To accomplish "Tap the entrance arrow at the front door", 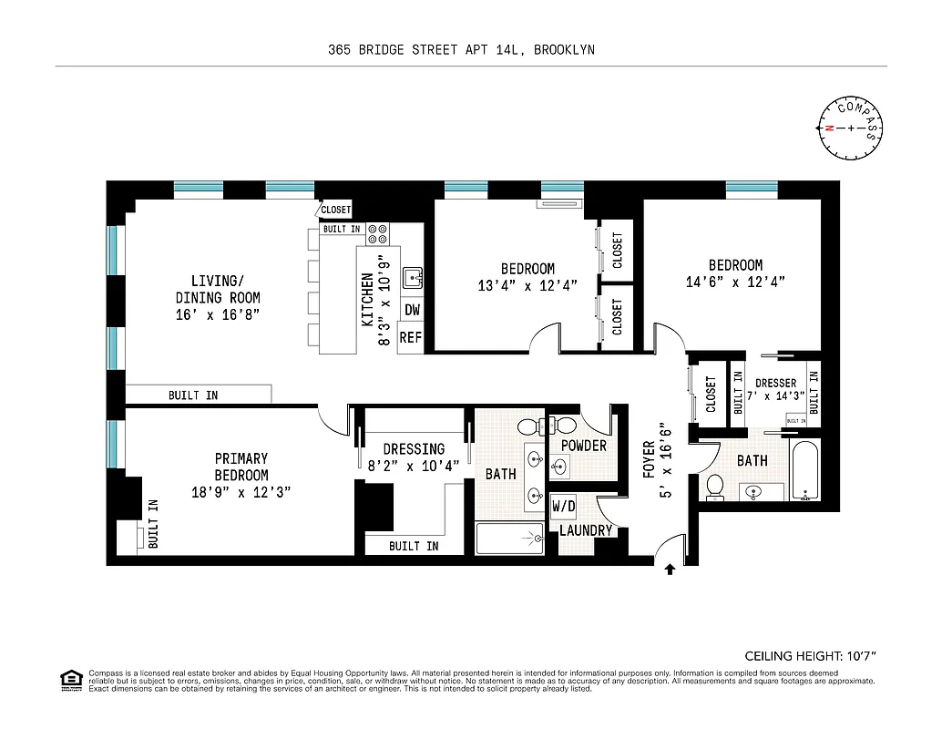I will [x=671, y=570].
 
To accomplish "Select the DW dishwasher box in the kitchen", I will [x=412, y=310].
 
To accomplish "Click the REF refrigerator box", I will [x=412, y=337].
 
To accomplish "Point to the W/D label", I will [x=563, y=507].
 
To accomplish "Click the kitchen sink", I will [x=413, y=275].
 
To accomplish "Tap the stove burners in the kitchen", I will [x=378, y=234].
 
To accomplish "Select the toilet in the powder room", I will [x=564, y=426].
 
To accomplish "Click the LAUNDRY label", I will [x=586, y=530].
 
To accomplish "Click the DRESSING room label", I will [x=414, y=449].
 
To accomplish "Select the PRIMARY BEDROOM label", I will [x=241, y=467].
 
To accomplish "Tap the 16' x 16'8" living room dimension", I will [x=218, y=315].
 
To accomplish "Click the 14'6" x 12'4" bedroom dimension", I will [x=735, y=282].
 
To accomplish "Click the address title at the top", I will [x=461, y=50].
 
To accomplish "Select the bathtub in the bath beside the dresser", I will [x=805, y=470].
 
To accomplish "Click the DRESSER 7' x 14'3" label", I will [x=776, y=389].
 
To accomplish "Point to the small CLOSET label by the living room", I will [x=335, y=210].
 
